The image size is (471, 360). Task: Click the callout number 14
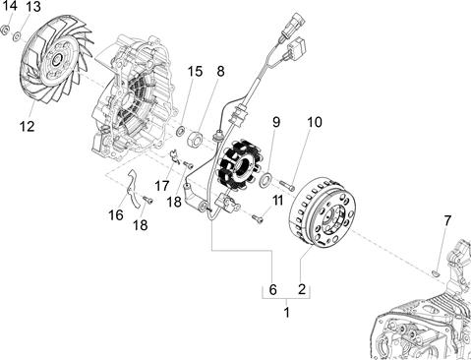coord(9,6)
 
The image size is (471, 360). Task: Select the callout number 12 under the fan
coord(27,126)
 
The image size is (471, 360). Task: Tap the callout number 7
coord(447,220)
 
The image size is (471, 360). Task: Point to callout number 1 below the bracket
coord(287,313)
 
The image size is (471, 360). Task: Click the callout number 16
coord(116,215)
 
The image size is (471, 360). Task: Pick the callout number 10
coord(315,122)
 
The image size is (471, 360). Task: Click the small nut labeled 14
coord(5,30)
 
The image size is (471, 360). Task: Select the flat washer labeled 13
coord(17,35)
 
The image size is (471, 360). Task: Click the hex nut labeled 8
coord(196,140)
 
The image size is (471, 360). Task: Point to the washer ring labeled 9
coord(265,180)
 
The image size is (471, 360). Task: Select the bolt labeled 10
coord(287,185)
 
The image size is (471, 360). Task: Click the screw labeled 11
coord(258,218)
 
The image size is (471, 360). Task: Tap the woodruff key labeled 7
coord(436,272)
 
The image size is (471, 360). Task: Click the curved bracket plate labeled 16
coord(134,189)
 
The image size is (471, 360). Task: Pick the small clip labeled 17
coord(174,156)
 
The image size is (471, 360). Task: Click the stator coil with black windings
coord(238,165)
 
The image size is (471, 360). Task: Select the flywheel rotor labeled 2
coord(322,214)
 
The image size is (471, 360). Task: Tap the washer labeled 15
coord(181,131)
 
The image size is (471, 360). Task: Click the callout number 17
coord(162,186)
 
